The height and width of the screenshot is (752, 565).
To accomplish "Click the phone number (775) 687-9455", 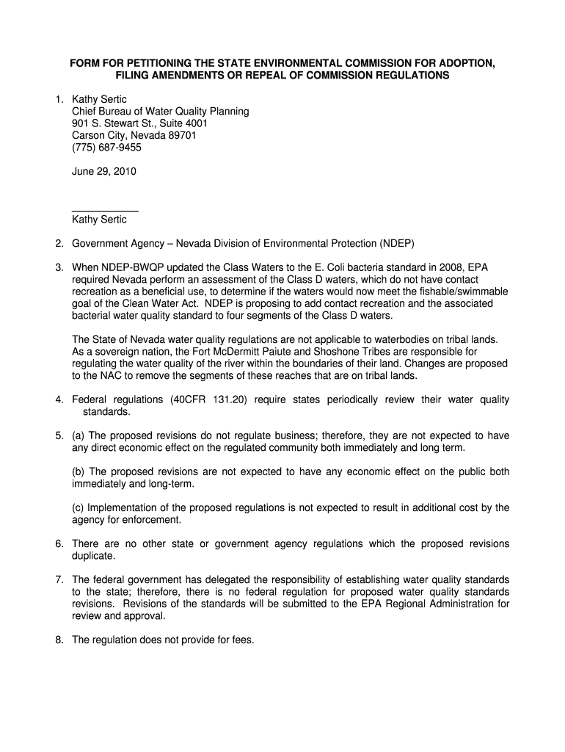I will point(106,147).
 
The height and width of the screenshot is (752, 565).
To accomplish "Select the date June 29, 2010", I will point(103,171).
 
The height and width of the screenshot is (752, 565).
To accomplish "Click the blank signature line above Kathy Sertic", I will point(105,210).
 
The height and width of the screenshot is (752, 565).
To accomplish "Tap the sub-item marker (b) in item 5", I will point(79,471).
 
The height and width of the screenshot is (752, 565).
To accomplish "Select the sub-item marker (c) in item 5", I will point(79,507).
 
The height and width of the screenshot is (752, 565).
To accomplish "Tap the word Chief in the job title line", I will point(85,111).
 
